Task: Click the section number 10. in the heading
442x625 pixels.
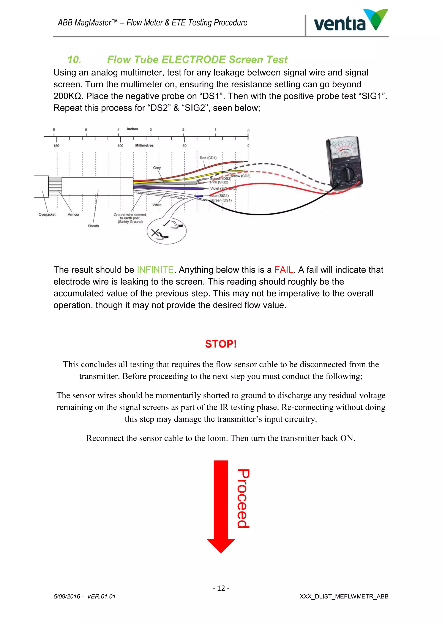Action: pyautogui.click(x=74, y=60)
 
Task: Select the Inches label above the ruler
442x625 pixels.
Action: pyautogui.click(x=132, y=129)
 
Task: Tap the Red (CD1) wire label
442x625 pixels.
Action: pyautogui.click(x=208, y=158)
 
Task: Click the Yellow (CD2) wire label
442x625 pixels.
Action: pyautogui.click(x=240, y=176)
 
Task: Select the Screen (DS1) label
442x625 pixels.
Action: pyautogui.click(x=221, y=200)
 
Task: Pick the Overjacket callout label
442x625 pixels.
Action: pyautogui.click(x=47, y=215)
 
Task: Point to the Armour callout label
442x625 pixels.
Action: pyautogui.click(x=73, y=215)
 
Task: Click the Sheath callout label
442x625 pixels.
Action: pyautogui.click(x=93, y=226)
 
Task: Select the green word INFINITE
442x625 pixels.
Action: pyautogui.click(x=155, y=270)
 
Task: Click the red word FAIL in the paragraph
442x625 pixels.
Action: pyautogui.click(x=284, y=270)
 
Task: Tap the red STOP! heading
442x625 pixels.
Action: pyautogui.click(x=221, y=344)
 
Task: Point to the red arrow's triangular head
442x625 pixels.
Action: pyautogui.click(x=221, y=545)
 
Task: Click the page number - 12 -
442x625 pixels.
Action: pyautogui.click(x=221, y=588)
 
